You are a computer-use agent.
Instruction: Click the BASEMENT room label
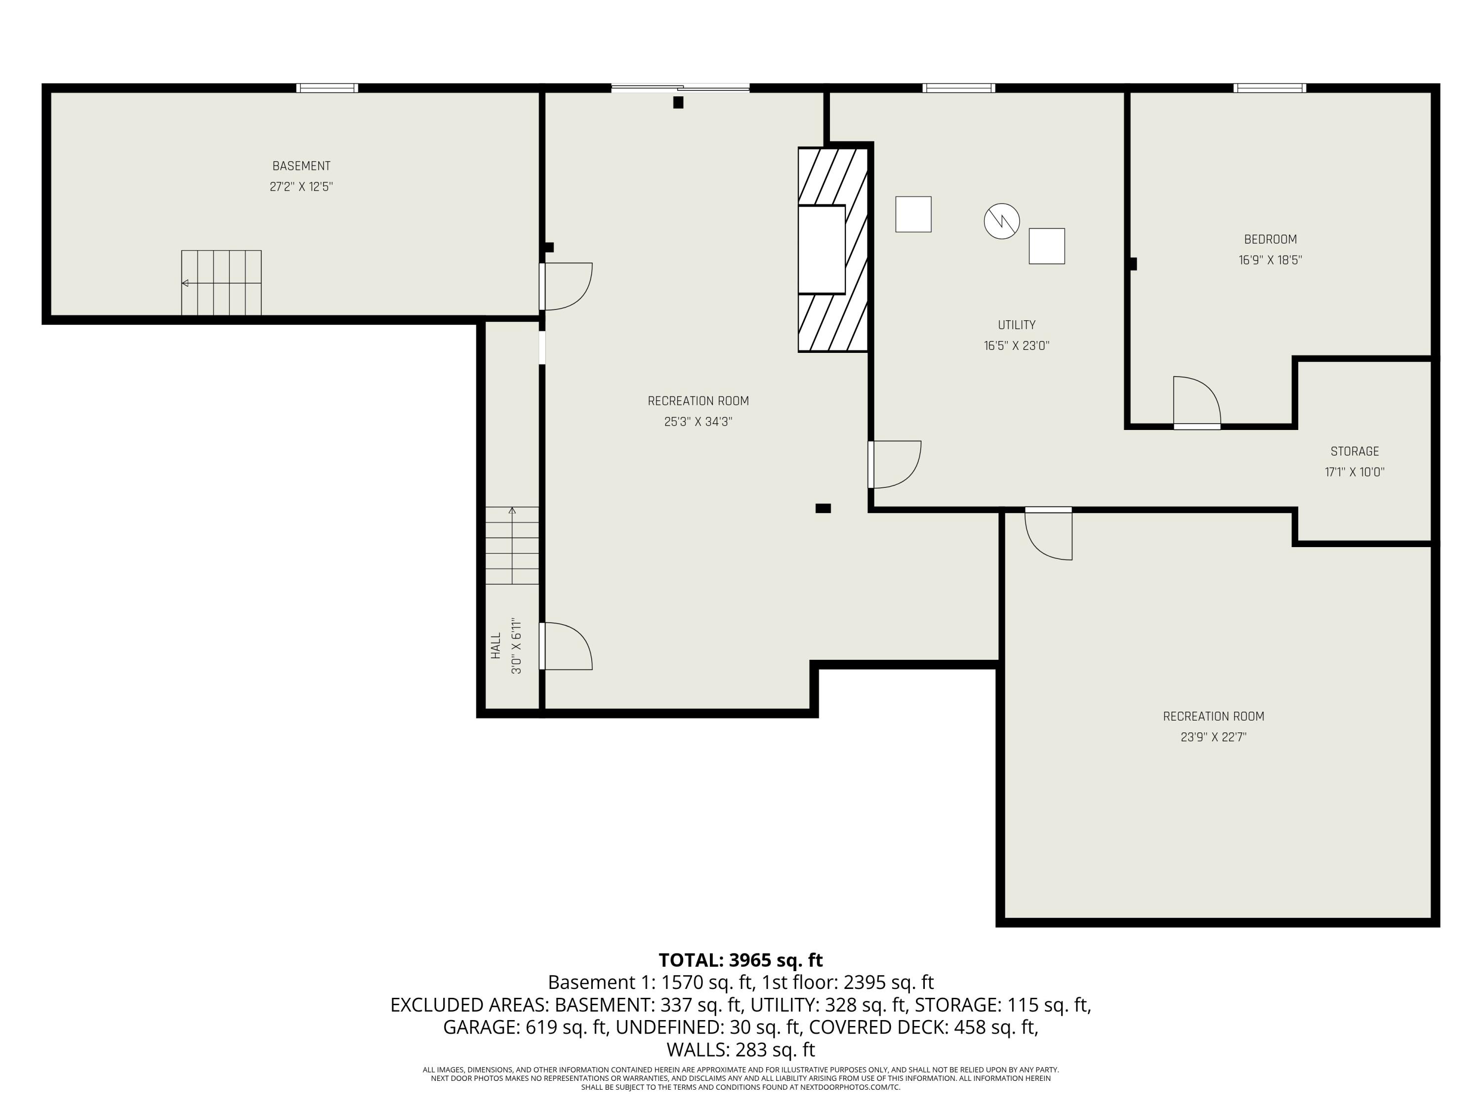click(301, 166)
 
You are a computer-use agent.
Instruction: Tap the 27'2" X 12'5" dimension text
click(301, 186)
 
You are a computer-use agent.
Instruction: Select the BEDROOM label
click(1270, 239)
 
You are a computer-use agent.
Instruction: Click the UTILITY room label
click(1016, 325)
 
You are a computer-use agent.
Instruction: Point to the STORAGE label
click(1355, 451)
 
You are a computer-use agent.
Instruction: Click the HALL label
click(496, 645)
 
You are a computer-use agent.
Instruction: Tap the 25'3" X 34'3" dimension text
click(698, 422)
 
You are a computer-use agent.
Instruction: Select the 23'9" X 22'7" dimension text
click(1213, 737)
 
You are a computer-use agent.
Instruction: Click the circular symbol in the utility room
click(1002, 221)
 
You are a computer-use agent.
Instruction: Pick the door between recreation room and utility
click(895, 465)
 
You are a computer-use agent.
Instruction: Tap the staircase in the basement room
click(221, 283)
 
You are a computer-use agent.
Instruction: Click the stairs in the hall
click(512, 546)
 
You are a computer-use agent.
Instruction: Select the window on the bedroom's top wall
click(1270, 88)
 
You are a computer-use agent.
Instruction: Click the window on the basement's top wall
click(327, 88)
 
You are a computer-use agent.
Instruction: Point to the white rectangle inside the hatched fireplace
click(822, 250)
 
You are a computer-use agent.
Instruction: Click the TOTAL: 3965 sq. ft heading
click(741, 960)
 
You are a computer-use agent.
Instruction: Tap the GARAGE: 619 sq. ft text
click(526, 1027)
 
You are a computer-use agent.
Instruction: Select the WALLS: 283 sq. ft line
click(741, 1049)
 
